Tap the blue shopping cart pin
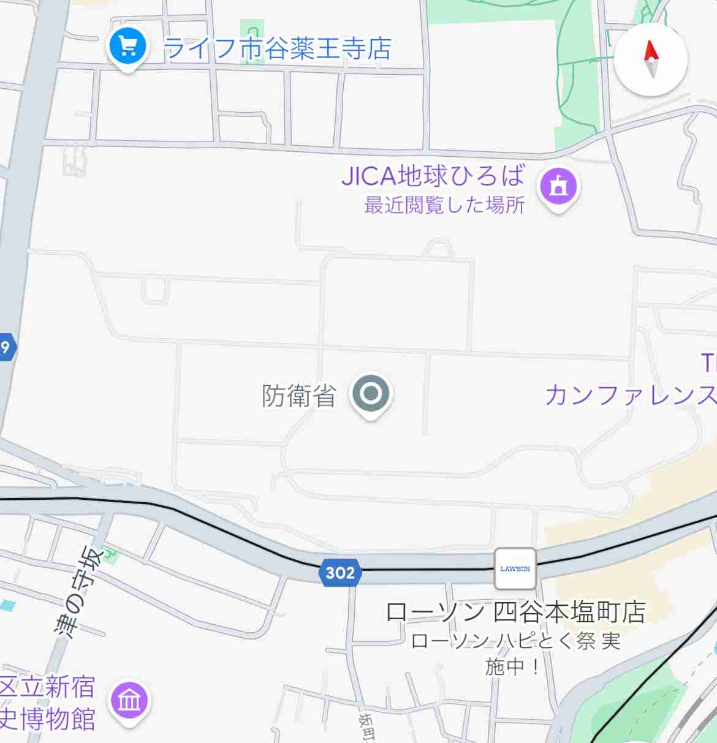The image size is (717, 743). [127, 47]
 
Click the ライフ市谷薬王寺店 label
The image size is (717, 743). [277, 48]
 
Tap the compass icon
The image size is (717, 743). [651, 59]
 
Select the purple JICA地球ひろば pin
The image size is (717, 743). [558, 186]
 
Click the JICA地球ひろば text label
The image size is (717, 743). [433, 176]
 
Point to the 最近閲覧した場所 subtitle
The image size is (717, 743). [444, 205]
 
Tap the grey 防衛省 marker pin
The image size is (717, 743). [371, 394]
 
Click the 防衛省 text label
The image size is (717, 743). [299, 396]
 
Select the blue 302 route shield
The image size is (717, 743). [340, 573]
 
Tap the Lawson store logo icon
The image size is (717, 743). [515, 568]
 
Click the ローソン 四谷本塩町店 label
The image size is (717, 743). [515, 612]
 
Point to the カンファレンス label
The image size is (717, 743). [631, 395]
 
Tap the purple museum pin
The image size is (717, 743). [129, 700]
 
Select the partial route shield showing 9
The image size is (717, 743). [6, 347]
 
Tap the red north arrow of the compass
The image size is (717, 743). [650, 50]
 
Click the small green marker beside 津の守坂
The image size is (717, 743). [109, 554]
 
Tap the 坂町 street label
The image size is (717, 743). [367, 727]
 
